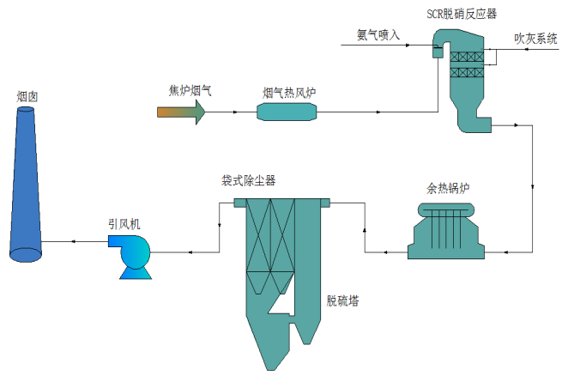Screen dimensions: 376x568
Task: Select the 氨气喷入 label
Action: pos(378,35)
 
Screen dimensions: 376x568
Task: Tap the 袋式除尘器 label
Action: pos(249,181)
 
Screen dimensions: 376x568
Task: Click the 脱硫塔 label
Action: pos(341,301)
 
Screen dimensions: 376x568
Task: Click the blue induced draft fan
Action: pos(132,256)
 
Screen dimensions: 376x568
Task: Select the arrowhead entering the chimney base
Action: pos(74,243)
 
